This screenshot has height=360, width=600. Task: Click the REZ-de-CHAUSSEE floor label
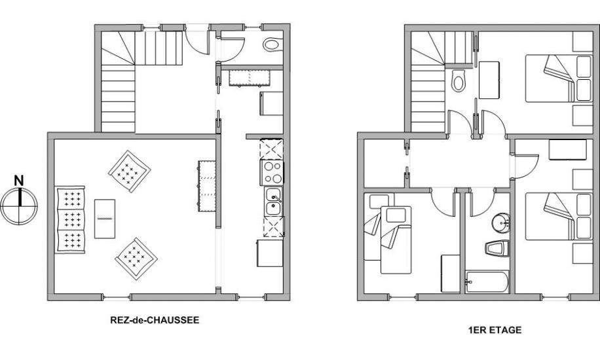click(155, 320)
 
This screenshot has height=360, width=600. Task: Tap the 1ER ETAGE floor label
click(495, 330)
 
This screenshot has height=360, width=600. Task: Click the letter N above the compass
click(19, 181)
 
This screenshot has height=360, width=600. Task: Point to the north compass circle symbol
click(19, 206)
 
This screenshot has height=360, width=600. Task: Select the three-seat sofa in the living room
click(70, 220)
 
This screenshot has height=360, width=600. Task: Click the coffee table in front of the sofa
click(105, 219)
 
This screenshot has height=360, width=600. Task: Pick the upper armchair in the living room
click(129, 171)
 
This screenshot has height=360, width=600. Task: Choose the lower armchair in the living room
click(136, 259)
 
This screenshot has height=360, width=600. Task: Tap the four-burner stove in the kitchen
click(272, 172)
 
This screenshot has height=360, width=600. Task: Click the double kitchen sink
click(274, 201)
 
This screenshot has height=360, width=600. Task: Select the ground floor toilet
click(272, 45)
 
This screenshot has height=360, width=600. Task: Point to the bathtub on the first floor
click(487, 281)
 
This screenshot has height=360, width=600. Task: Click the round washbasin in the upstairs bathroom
click(501, 223)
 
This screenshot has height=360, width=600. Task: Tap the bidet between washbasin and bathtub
click(497, 249)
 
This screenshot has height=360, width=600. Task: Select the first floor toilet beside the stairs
click(458, 81)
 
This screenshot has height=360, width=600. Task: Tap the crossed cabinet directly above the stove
click(271, 149)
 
